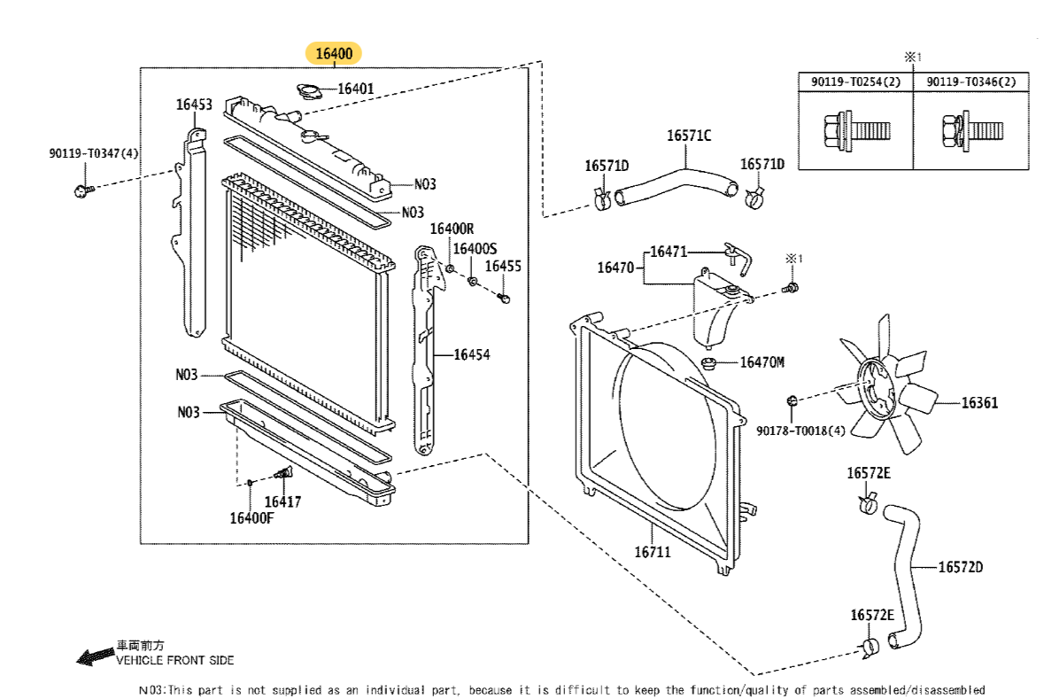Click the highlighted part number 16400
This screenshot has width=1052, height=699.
click(x=335, y=55)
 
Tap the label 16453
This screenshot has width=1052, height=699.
click(x=193, y=105)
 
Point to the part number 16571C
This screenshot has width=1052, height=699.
click(x=689, y=136)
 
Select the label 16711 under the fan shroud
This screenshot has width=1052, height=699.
click(x=652, y=551)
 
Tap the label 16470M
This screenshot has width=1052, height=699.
click(x=762, y=361)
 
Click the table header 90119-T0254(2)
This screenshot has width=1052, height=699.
click(x=855, y=82)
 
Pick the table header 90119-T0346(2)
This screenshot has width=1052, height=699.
click(x=971, y=82)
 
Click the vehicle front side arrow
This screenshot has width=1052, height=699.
click(x=93, y=657)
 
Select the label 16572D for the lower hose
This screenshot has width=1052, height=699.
click(x=961, y=566)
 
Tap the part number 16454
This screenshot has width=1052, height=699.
click(x=472, y=354)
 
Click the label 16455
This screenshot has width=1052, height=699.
click(x=503, y=265)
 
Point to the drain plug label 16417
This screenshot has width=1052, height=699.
click(x=283, y=501)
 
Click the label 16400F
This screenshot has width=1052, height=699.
click(x=252, y=517)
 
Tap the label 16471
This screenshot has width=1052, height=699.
click(x=669, y=252)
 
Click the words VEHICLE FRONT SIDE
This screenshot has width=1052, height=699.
click(x=175, y=660)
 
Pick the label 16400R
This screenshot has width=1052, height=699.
click(x=453, y=229)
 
